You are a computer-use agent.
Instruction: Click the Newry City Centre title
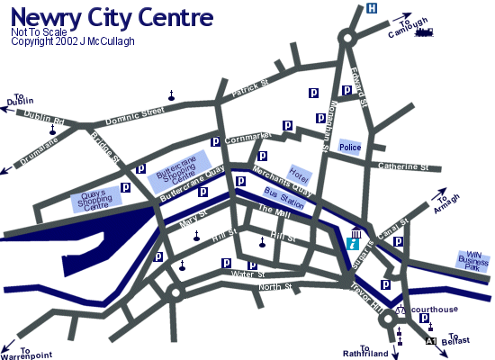[112, 17]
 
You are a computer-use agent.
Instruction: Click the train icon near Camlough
[423, 33]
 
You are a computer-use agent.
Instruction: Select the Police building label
[350, 147]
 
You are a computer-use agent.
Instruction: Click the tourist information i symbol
[355, 242]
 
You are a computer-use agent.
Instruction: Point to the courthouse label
[435, 309]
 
